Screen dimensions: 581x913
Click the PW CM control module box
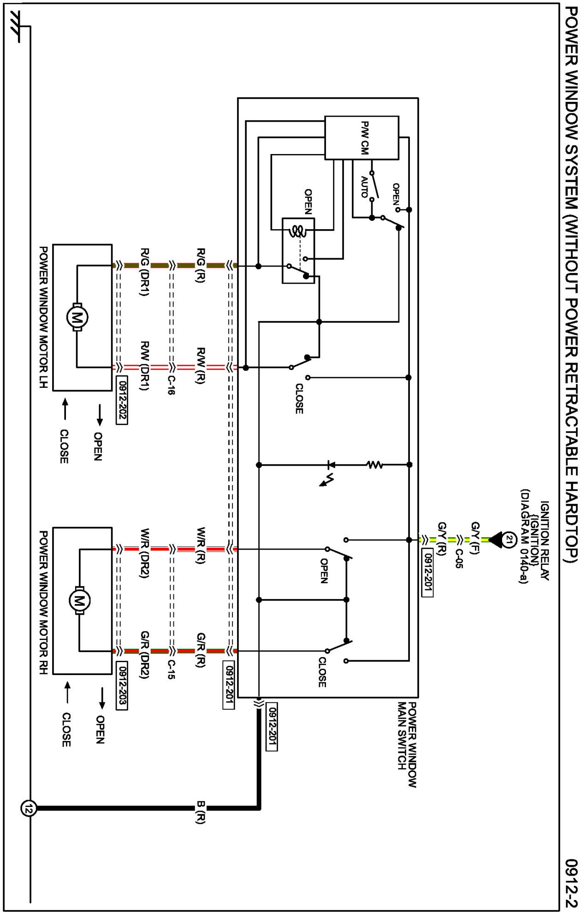click(362, 138)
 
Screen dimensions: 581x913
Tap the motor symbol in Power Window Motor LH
click(77, 316)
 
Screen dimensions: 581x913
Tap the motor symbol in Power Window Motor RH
click(80, 600)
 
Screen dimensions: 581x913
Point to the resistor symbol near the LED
click(375, 465)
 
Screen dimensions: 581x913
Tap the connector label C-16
click(171, 385)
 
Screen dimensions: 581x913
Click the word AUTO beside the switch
click(364, 187)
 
